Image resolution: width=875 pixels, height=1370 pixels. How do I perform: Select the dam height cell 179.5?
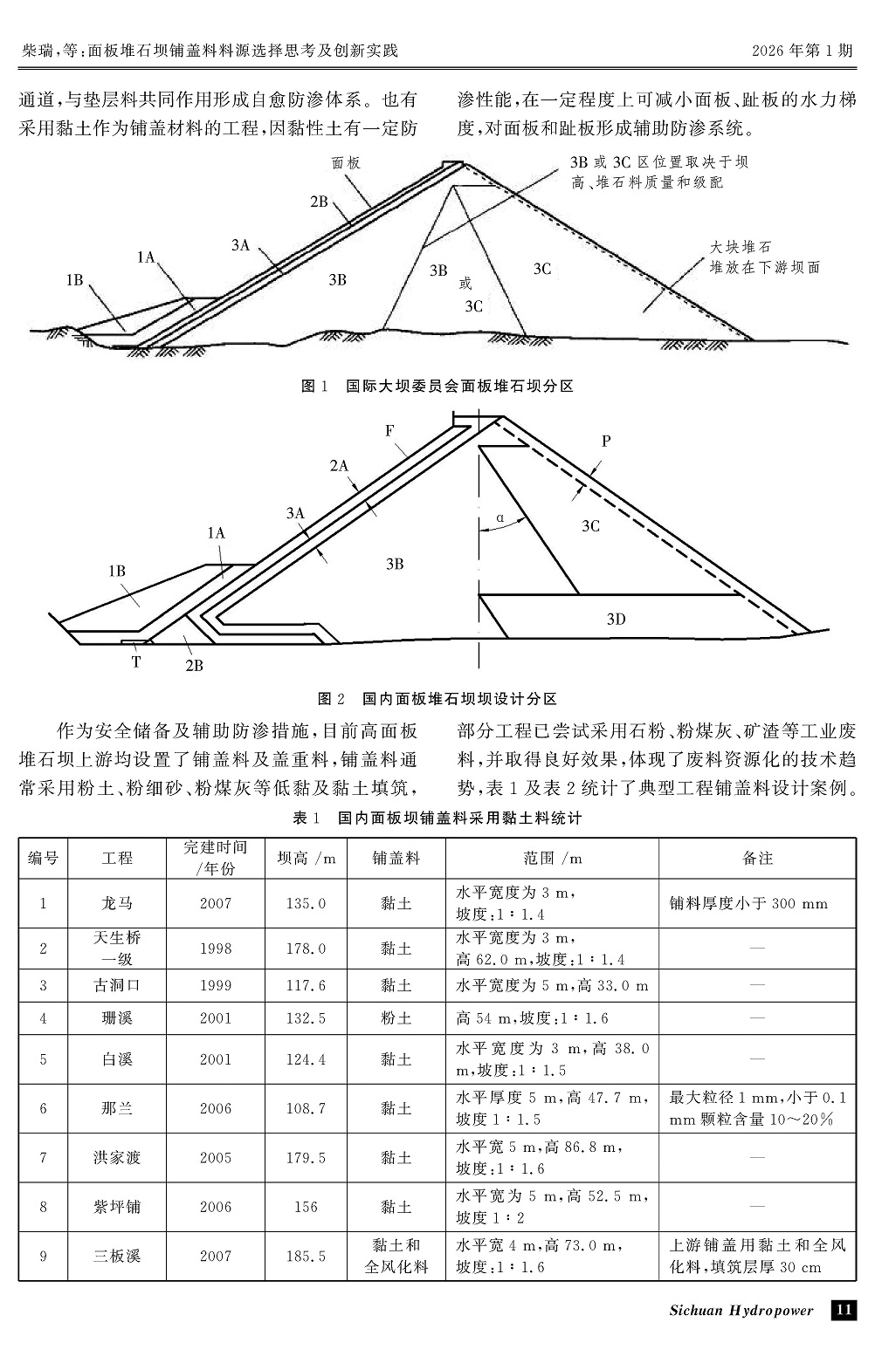306,1158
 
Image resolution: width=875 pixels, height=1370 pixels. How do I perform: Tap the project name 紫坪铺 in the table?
117,1207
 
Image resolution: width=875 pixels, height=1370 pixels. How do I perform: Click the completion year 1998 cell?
215,949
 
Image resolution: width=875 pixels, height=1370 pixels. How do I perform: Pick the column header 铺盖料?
396,858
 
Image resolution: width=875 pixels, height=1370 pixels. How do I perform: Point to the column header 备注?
757,858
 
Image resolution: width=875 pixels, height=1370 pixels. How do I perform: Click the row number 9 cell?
43,1256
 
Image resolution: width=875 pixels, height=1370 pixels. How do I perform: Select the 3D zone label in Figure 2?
617,620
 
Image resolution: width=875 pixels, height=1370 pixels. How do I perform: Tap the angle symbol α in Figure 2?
500,517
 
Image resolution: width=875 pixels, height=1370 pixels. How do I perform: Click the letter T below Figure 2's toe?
136,661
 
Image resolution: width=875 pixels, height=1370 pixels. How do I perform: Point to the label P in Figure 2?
606,442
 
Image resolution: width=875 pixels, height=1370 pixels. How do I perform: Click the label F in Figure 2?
389,430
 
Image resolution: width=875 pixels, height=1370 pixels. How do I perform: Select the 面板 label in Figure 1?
346,162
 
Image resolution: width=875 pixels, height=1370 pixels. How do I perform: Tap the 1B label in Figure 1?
74,280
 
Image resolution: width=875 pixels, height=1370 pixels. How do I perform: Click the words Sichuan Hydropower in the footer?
741,1310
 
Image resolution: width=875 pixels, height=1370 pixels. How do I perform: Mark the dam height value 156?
306,1207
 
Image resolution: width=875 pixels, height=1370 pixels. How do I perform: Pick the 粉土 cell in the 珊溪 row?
396,1017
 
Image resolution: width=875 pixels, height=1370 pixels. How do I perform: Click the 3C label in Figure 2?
590,525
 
